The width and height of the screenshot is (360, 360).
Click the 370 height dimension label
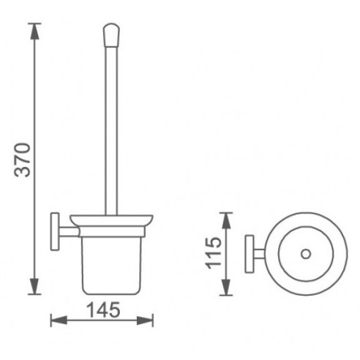click(23, 160)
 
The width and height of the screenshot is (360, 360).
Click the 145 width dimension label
click(103, 310)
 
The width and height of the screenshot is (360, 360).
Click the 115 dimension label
click(214, 253)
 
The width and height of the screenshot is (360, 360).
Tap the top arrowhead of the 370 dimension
click(34, 31)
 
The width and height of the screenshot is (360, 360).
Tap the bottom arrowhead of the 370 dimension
click(34, 286)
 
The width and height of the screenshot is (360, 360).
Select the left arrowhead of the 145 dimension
click(59, 320)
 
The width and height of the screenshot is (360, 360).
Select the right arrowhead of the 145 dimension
click(145, 320)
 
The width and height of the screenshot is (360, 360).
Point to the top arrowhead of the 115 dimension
click(226, 220)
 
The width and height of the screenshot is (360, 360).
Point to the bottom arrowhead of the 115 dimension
click(226, 288)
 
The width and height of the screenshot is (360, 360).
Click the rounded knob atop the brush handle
click(111, 35)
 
